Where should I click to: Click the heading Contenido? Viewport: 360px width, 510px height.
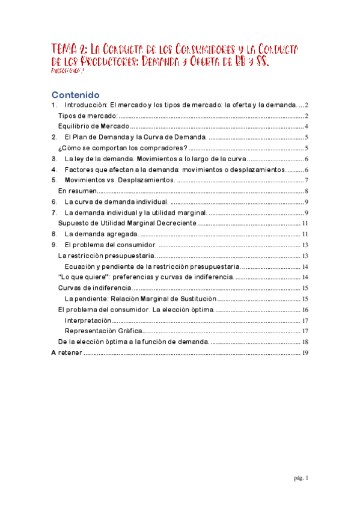(75, 95)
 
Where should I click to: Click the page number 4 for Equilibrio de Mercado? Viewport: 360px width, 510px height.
(306, 126)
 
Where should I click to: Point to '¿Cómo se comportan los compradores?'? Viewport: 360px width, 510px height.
(122, 148)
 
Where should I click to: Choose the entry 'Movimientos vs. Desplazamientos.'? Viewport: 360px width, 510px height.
(120, 180)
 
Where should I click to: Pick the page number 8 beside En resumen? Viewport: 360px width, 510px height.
(306, 191)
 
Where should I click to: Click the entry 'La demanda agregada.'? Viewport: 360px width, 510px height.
(101, 234)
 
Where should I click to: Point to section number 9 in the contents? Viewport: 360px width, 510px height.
(53, 245)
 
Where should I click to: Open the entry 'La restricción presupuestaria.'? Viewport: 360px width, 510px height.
(106, 256)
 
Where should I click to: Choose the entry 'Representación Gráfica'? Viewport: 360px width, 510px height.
(103, 331)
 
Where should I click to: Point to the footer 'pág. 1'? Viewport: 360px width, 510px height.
(301, 478)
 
